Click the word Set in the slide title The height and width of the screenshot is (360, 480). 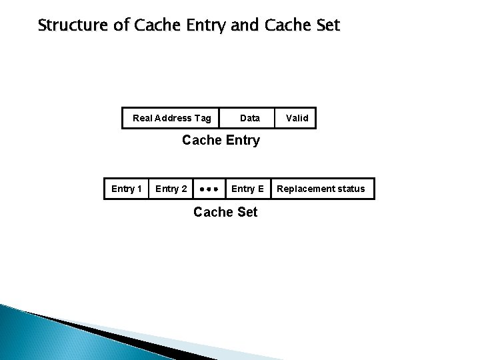tap(325, 26)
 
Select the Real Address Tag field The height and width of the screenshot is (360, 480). tap(172, 118)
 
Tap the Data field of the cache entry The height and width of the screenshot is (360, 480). tap(250, 118)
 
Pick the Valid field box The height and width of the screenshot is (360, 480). tap(297, 118)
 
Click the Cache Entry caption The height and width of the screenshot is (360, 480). tap(221, 141)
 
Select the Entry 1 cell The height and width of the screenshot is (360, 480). tap(126, 189)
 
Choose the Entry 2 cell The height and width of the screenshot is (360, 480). tap(171, 189)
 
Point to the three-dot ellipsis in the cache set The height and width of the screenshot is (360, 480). tap(209, 189)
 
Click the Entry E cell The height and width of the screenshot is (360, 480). tap(247, 189)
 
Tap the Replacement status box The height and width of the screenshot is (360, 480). tap(321, 189)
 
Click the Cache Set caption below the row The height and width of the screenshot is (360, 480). tap(225, 213)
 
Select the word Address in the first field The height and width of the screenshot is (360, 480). tap(173, 118)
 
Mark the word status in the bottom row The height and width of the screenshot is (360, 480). tap(351, 189)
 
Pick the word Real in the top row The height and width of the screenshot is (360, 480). tap(143, 118)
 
